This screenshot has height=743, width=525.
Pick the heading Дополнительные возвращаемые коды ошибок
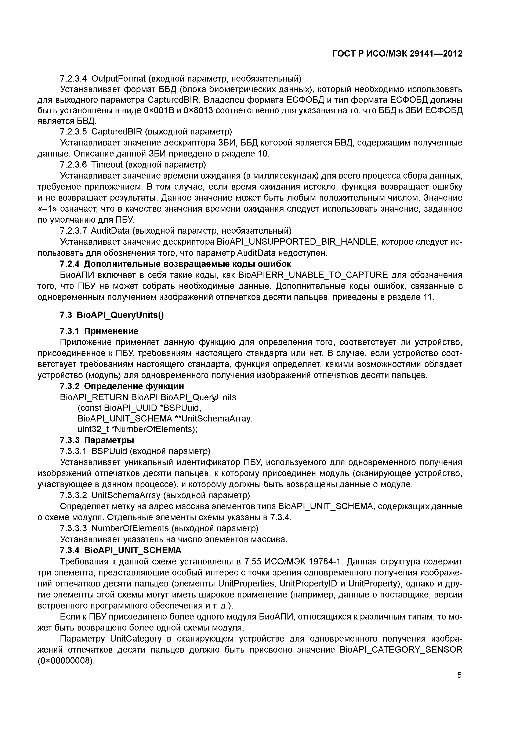[187, 264]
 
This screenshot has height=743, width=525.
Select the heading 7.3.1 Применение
[99, 331]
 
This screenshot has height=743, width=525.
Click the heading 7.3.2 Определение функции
[122, 386]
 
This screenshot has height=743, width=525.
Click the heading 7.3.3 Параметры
[97, 440]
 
